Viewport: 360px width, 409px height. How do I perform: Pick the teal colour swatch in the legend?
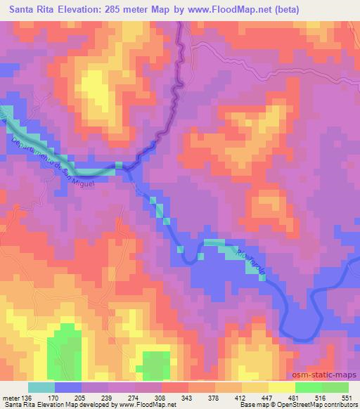coord(41,387)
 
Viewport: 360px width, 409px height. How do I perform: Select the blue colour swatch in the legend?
coord(67,387)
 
